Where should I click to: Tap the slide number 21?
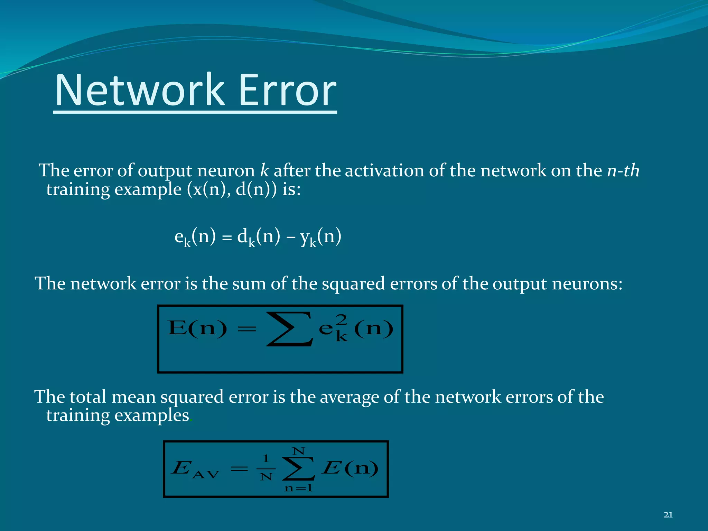point(668,515)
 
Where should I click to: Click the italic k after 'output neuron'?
point(264,170)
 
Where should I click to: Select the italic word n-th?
point(623,170)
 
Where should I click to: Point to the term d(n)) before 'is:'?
point(256,189)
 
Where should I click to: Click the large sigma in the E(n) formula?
point(290,329)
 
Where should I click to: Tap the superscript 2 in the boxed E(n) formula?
point(342,320)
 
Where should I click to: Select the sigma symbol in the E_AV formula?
point(298,469)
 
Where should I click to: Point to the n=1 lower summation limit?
point(298,488)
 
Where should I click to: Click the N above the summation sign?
point(298,451)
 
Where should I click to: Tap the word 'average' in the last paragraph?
point(349,397)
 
